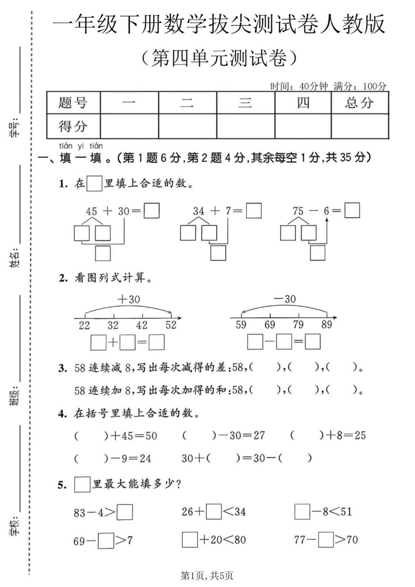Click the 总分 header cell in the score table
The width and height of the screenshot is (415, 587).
coord(360,103)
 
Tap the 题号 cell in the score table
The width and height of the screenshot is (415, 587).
coord(73,103)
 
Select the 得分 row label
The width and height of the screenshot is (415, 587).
coord(73,126)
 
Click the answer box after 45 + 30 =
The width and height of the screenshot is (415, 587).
coord(151,211)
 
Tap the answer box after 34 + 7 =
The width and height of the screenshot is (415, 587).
coord(254,211)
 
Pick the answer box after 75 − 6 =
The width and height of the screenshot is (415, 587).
coord(352,211)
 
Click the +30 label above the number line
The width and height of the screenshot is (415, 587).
coord(129,299)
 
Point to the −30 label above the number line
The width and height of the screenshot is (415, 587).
coord(285,299)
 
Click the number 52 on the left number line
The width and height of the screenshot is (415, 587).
coord(171,325)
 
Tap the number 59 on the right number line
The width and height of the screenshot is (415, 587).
coord(241,325)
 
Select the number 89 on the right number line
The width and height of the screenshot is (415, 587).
coord(327,325)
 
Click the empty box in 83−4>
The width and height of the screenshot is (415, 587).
coord(124,512)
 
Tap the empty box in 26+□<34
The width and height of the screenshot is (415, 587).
coord(214,512)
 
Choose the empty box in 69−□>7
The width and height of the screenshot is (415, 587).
coord(106,540)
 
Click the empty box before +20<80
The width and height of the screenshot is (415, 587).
coord(190,540)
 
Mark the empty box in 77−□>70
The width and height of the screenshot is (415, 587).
coord(326,540)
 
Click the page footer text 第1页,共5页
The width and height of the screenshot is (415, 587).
coord(207,575)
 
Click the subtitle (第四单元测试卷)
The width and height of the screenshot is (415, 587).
coord(219,58)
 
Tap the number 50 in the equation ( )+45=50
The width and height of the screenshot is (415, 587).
coord(151,436)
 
